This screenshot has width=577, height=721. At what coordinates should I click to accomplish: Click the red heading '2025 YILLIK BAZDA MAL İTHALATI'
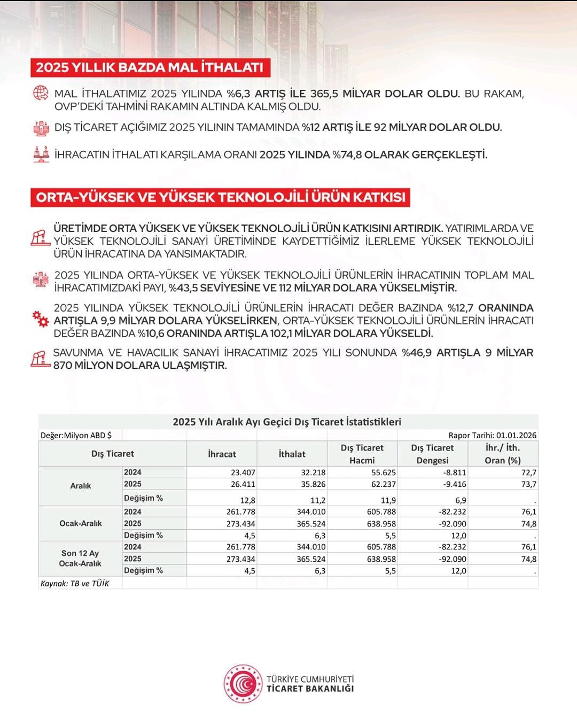point(150,67)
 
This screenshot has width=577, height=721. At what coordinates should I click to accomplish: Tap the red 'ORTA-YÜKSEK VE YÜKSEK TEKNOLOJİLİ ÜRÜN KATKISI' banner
point(221,197)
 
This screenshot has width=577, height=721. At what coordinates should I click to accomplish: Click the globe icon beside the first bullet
point(41,93)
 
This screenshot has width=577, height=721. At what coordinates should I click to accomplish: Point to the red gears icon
point(40,319)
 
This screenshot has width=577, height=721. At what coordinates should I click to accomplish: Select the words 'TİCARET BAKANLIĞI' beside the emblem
point(310,688)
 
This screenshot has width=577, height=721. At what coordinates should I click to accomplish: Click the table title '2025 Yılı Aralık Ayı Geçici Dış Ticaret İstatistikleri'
point(287,422)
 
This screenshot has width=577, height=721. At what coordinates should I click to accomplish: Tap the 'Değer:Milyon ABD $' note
point(76,435)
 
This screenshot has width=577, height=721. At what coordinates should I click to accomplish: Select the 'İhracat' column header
point(222,454)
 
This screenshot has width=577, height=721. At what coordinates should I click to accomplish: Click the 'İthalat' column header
point(292,454)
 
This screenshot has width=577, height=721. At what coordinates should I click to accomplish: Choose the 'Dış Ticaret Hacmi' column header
point(362,454)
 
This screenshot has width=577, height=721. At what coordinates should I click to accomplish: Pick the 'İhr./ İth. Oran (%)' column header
point(503,454)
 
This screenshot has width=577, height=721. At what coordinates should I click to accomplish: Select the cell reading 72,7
point(528,472)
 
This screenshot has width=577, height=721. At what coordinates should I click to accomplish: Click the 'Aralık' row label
point(81,486)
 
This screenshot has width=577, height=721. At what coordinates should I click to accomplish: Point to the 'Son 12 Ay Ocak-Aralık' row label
point(80,559)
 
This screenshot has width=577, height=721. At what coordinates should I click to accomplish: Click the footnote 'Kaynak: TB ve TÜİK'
point(75,583)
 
